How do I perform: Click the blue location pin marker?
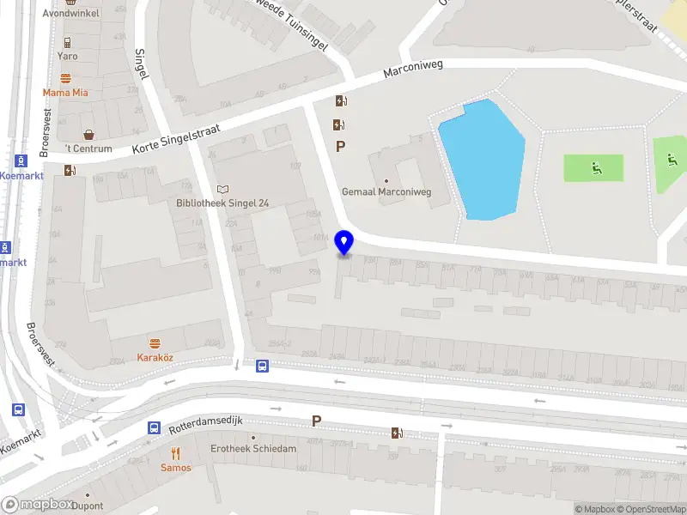click(344, 242)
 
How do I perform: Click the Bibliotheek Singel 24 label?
click(222, 202)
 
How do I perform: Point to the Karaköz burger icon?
click(155, 343)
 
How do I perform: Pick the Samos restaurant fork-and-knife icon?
click(176, 453)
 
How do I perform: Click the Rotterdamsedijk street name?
click(207, 422)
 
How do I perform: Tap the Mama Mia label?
click(66, 92)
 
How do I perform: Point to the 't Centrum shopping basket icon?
click(88, 134)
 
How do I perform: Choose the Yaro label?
click(67, 56)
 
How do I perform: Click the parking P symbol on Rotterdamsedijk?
click(316, 421)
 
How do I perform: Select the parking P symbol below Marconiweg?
click(340, 146)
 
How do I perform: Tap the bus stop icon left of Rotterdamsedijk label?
click(154, 427)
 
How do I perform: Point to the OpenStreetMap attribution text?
click(648, 509)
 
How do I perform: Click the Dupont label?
click(87, 506)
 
